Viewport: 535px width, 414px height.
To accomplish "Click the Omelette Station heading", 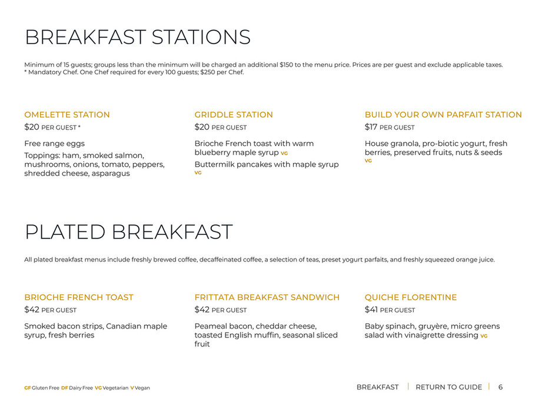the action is (67, 115).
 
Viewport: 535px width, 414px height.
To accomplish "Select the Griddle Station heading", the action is (234, 115).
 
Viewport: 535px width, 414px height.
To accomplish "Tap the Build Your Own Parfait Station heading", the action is (443, 115).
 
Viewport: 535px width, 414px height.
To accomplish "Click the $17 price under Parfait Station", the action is (371, 127).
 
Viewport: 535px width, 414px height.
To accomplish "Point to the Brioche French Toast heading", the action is (79, 297).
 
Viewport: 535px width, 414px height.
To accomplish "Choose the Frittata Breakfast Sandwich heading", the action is (267, 297).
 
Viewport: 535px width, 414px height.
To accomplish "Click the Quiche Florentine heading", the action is (411, 297).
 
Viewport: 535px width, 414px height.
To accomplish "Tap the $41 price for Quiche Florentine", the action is (371, 310).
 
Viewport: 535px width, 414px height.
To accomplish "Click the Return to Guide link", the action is (448, 387).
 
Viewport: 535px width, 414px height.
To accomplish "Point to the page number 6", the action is (500, 387).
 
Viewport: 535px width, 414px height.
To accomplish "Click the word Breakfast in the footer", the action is (377, 387).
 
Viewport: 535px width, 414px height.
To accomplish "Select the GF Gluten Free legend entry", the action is (42, 387).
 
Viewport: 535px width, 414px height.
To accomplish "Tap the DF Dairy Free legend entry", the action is (77, 387).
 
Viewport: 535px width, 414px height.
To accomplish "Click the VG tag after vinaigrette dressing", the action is (484, 336).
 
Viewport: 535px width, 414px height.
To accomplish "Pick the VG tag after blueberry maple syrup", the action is (284, 153).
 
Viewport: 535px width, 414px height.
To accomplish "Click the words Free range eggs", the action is (55, 144).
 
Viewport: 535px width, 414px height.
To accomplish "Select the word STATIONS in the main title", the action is (201, 37).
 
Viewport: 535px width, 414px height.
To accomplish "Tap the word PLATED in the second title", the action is (65, 232).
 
